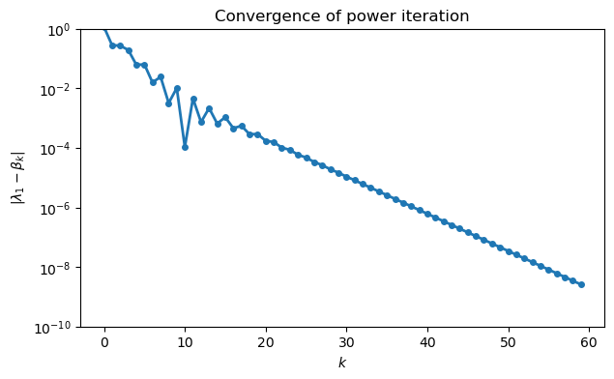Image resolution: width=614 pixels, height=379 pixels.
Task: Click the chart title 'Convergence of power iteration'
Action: pyautogui.click(x=341, y=15)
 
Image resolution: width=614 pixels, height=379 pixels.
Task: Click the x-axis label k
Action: pyautogui.click(x=341, y=363)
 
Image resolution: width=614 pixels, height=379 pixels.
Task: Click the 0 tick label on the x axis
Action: pyautogui.click(x=104, y=342)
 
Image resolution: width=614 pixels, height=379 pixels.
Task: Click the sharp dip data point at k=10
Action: pyautogui.click(x=185, y=147)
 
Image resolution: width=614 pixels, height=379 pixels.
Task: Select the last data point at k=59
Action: pyautogui.click(x=581, y=284)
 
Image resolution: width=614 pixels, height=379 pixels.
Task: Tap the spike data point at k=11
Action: pyautogui.click(x=193, y=99)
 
